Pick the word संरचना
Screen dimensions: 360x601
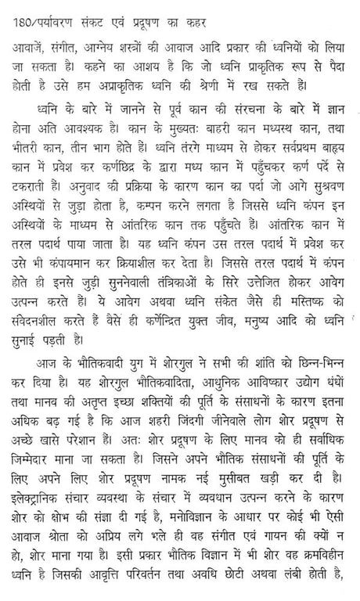[x=229, y=119]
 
